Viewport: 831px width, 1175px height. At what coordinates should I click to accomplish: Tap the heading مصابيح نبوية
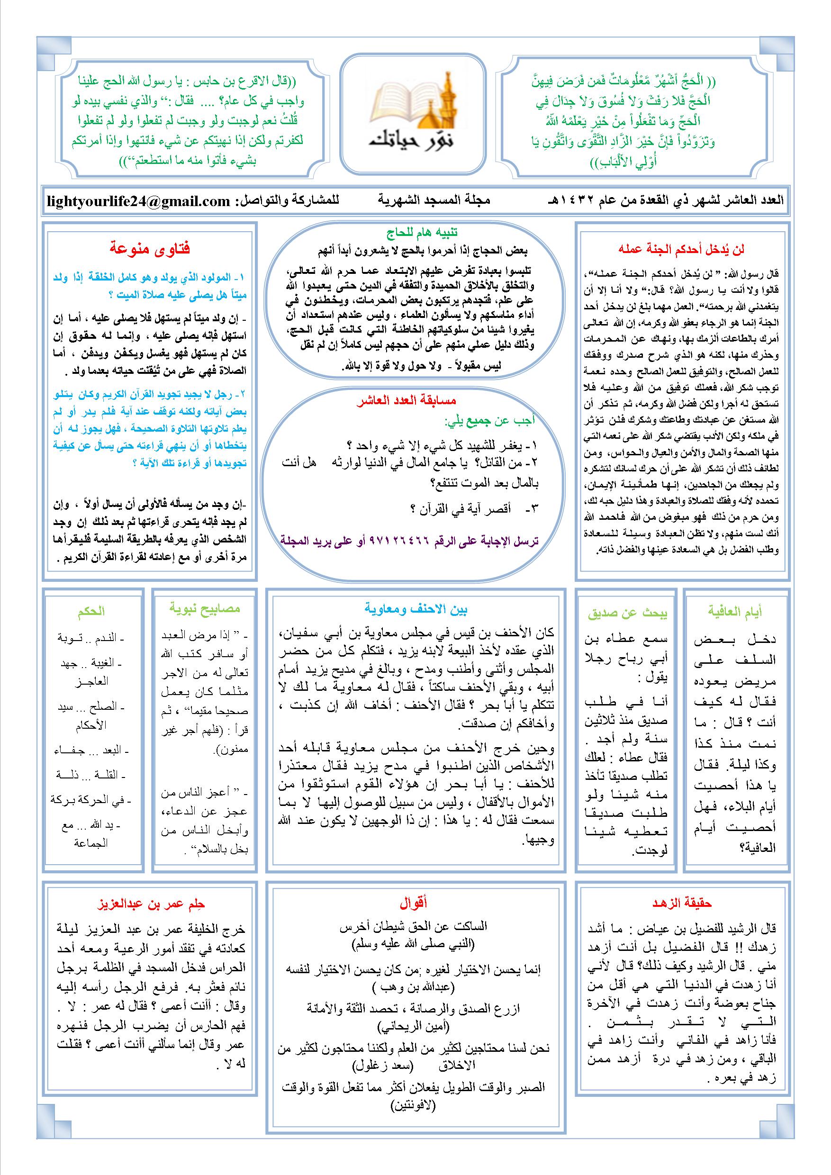[x=205, y=608]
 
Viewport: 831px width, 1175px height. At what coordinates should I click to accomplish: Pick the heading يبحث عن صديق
[x=627, y=613]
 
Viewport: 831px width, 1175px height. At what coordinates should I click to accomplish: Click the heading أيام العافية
[x=735, y=611]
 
